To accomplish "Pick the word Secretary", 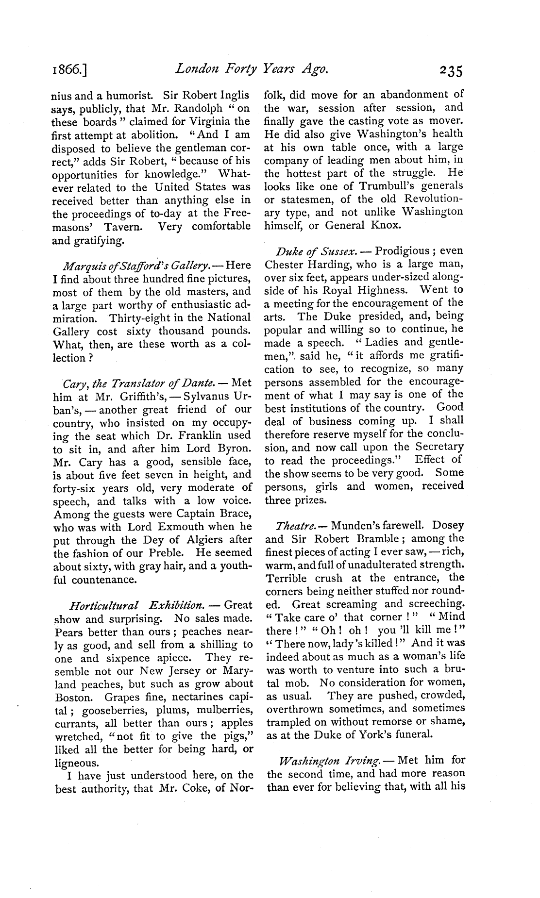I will click(x=438, y=447).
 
